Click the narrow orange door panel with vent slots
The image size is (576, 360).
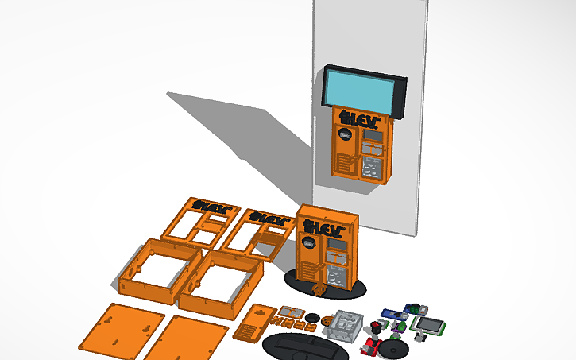click(x=253, y=322)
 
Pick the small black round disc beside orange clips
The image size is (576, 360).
click(x=313, y=318)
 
